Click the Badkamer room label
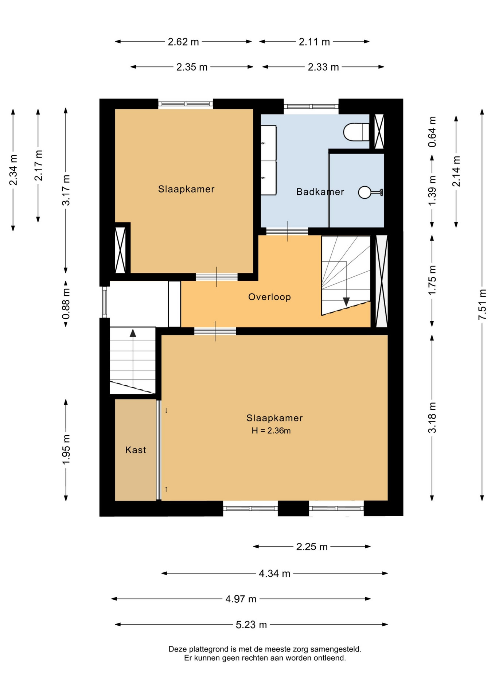point(320,192)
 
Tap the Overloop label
point(270,297)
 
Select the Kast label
point(136,450)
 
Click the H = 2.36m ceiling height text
point(271,431)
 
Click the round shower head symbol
point(365,192)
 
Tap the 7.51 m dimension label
point(482,304)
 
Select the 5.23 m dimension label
point(251,625)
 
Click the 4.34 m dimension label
point(274,574)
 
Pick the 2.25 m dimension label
point(312,547)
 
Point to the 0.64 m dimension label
point(432,132)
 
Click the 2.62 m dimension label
point(183,42)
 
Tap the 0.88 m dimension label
point(66,304)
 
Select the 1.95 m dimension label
point(66,450)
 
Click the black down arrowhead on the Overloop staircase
point(346,302)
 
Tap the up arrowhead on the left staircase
point(133,333)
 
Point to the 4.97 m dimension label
point(241,599)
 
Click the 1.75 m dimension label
point(432,280)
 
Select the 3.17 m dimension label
point(66,190)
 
